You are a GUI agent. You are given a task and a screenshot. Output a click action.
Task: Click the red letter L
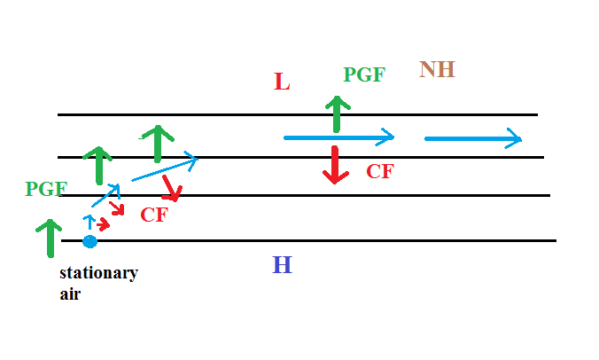pyautogui.click(x=282, y=82)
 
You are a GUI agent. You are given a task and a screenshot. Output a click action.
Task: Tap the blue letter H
pyautogui.click(x=282, y=265)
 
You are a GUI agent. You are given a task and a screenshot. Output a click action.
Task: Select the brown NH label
pyautogui.click(x=437, y=69)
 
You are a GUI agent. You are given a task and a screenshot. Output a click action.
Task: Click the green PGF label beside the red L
pyautogui.click(x=364, y=74)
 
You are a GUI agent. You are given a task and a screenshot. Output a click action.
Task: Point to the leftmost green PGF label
pyautogui.click(x=46, y=188)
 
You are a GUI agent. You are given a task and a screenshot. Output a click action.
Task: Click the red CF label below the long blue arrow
pyautogui.click(x=379, y=171)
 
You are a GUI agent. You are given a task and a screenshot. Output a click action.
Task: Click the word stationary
pyautogui.click(x=98, y=273)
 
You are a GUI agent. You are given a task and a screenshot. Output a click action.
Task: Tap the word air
pyautogui.click(x=70, y=293)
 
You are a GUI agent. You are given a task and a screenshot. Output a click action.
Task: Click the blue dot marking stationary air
pyautogui.click(x=89, y=241)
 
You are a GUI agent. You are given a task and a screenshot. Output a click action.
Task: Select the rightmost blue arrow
pyautogui.click(x=473, y=138)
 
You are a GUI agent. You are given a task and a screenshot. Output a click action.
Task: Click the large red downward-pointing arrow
pyautogui.click(x=334, y=165)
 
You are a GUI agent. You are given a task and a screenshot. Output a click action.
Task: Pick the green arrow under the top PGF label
pyautogui.click(x=335, y=113)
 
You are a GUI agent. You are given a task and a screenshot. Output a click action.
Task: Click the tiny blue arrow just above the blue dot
pyautogui.click(x=89, y=223)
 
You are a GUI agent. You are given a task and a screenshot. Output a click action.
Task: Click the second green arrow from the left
pyautogui.click(x=98, y=165)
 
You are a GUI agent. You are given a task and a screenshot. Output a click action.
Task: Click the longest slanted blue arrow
pyautogui.click(x=164, y=169)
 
